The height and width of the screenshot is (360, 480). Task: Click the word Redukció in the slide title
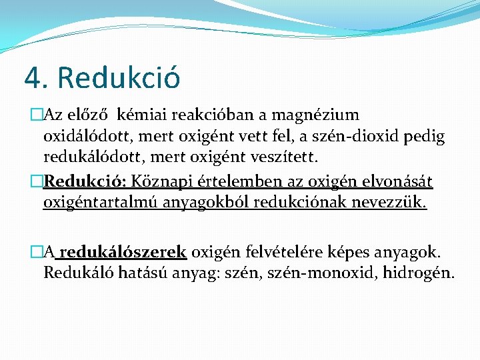[x=119, y=77]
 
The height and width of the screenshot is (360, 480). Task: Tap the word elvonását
[x=398, y=182]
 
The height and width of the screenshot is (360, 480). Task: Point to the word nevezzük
[x=393, y=201]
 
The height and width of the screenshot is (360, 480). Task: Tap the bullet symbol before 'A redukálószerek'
[x=36, y=252]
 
